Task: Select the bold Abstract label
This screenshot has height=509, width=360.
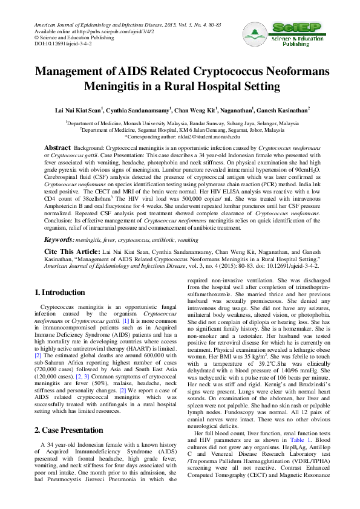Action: (58, 148)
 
